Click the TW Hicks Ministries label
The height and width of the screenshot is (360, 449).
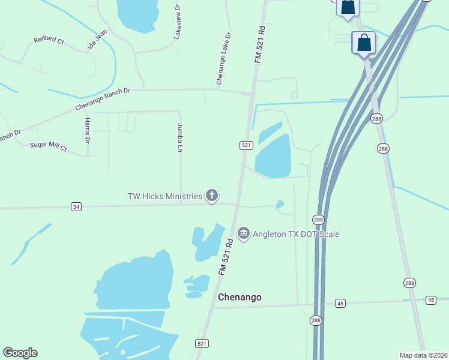click(164, 196)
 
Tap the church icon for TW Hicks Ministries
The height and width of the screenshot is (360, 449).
click(211, 195)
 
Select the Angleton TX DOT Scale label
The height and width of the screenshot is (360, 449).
click(296, 233)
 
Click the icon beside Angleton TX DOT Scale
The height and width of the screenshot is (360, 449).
click(243, 233)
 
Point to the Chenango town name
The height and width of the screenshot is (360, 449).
click(240, 297)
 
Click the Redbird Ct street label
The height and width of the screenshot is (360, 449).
click(49, 40)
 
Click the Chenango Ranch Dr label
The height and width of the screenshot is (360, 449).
click(103, 100)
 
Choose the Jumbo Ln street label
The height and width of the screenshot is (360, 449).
click(179, 137)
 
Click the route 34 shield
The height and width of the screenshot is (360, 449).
click(76, 207)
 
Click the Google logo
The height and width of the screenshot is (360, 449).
click(20, 353)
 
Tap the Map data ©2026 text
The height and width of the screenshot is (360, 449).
click(424, 355)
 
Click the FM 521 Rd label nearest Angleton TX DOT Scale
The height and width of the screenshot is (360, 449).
click(226, 257)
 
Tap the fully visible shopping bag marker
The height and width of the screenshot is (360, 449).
click(364, 43)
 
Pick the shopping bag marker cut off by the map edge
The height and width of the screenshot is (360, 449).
click(348, 7)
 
